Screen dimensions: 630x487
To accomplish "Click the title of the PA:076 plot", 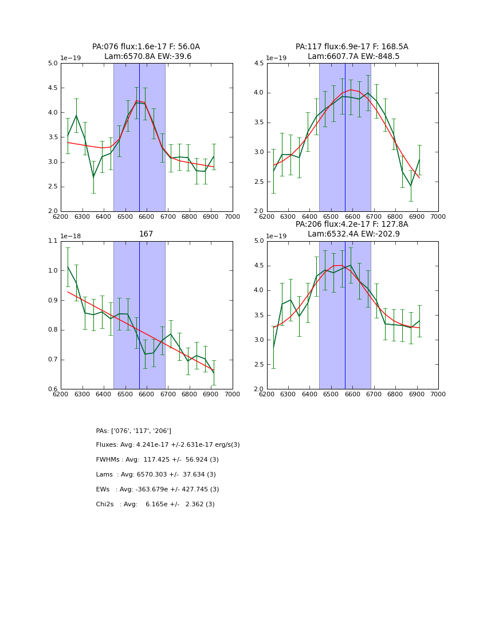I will tap(146, 52).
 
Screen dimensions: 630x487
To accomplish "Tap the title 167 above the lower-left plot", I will tap(146, 234).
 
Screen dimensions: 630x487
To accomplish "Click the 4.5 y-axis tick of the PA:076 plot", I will tap(52, 88).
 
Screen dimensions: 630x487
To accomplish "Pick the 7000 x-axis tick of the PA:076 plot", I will tap(233, 216).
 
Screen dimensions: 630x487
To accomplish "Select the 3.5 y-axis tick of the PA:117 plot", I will tap(258, 123).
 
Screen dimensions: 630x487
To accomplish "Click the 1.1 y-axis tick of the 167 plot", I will tap(52, 241).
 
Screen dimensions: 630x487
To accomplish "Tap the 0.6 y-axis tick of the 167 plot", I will tap(52, 389).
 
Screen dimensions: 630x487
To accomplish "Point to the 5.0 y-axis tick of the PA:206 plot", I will tap(258, 241).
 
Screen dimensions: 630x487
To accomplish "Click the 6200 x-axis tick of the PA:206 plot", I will tap(267, 394).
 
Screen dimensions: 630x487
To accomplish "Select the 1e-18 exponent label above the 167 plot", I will tap(70, 236).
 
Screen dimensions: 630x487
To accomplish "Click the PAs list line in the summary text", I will tap(133, 431).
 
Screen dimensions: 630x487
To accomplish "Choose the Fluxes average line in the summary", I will tap(168, 445).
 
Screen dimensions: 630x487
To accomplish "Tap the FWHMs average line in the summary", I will tap(158, 460).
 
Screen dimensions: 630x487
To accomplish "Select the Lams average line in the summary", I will tap(156, 475).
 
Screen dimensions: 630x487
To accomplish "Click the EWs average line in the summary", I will tap(158, 490).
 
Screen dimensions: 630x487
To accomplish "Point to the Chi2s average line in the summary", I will tap(155, 505).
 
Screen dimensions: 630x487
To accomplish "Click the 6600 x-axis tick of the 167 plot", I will tap(147, 394).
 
